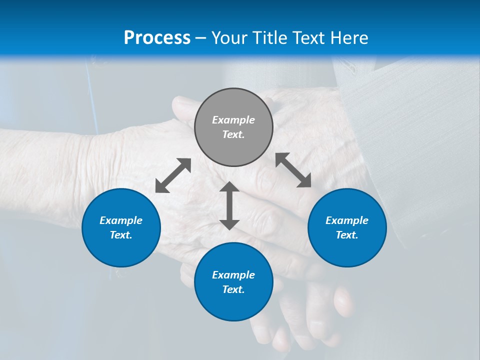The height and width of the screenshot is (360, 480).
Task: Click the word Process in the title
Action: (157, 37)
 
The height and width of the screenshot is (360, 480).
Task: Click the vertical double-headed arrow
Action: (229, 205)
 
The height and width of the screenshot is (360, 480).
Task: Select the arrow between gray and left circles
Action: (173, 175)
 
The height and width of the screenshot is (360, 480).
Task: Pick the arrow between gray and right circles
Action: (293, 170)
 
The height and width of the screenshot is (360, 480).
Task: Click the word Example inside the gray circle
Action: (233, 120)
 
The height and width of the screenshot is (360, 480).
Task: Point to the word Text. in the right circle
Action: (347, 235)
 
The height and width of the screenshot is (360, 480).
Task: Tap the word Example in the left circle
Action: (121, 220)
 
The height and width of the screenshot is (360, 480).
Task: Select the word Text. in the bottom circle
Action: (233, 289)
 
